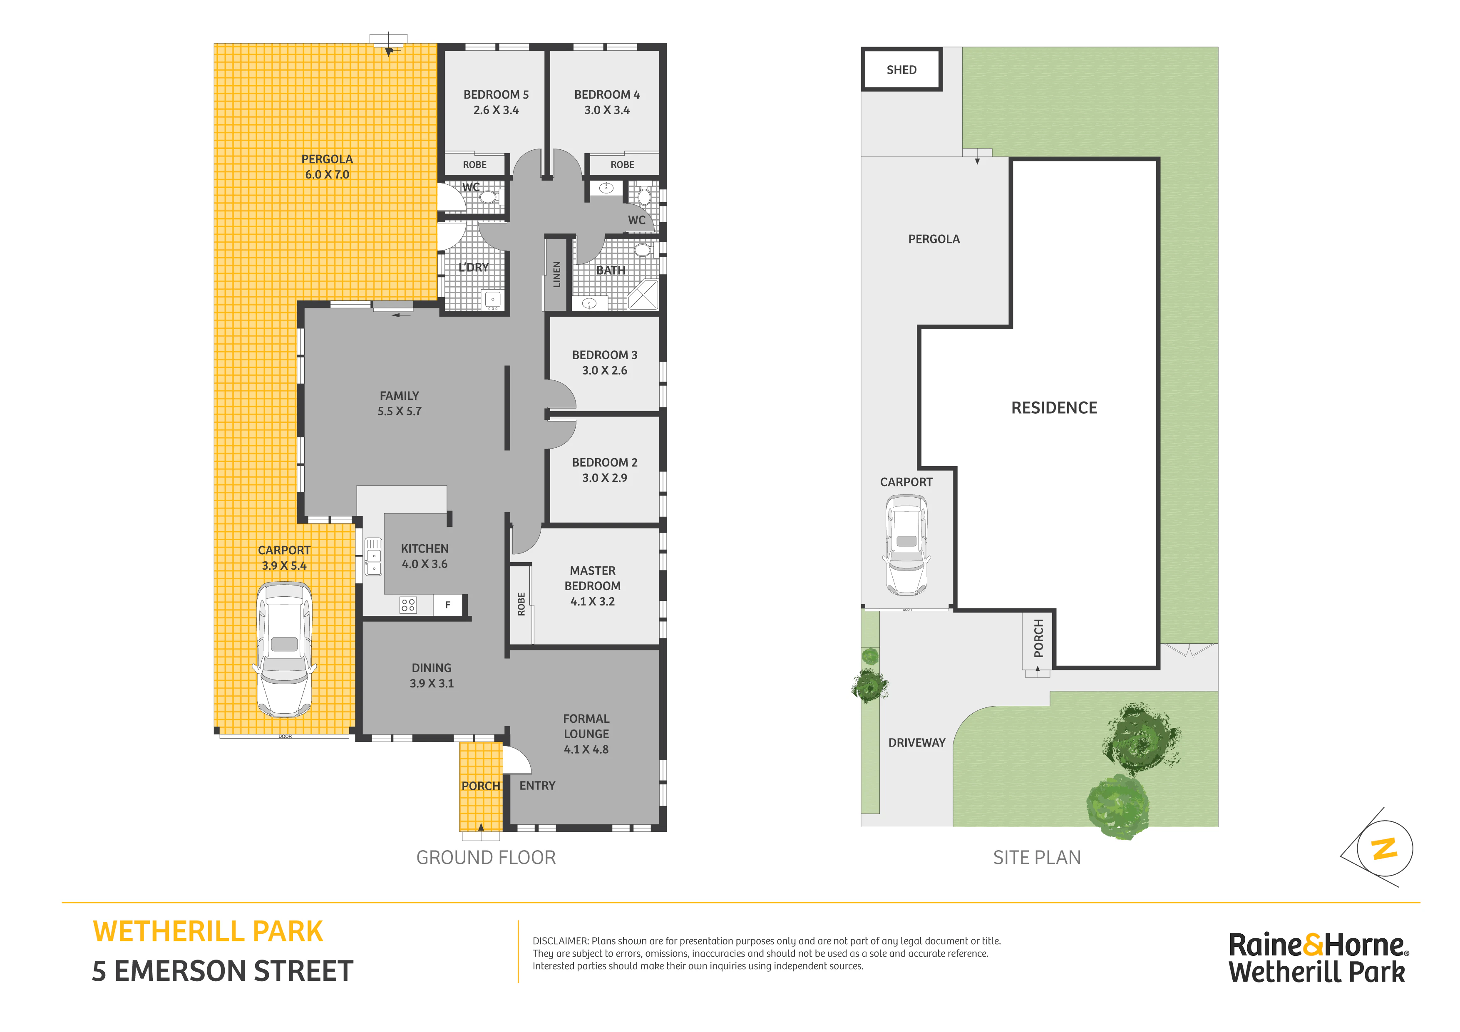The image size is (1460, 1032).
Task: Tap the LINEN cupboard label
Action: click(557, 274)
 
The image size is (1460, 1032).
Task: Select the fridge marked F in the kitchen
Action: click(448, 605)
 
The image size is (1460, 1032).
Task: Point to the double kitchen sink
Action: click(373, 556)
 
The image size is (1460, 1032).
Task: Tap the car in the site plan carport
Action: click(906, 545)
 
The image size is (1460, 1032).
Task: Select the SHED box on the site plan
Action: click(902, 69)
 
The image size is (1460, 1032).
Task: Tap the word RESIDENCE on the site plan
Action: click(1054, 407)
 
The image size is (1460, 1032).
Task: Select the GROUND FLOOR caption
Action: click(486, 858)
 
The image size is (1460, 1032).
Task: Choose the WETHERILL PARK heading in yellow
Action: click(208, 932)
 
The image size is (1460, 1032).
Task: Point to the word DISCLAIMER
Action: click(560, 941)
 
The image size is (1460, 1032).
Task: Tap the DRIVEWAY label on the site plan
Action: click(917, 743)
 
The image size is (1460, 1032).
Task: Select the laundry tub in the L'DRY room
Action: click(493, 300)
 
